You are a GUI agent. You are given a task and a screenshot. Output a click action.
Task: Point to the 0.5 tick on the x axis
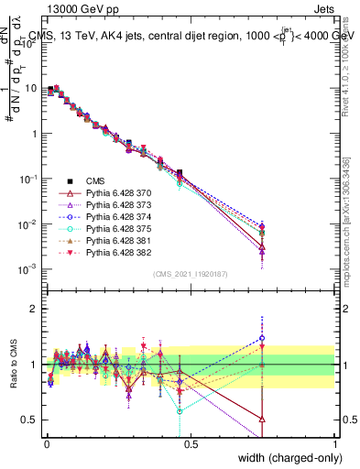click(191, 442)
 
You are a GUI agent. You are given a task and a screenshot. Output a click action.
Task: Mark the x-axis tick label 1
click(336, 442)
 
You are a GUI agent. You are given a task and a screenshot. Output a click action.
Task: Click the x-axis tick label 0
click(45, 442)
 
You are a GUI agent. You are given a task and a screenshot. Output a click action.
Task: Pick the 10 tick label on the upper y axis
click(31, 89)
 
